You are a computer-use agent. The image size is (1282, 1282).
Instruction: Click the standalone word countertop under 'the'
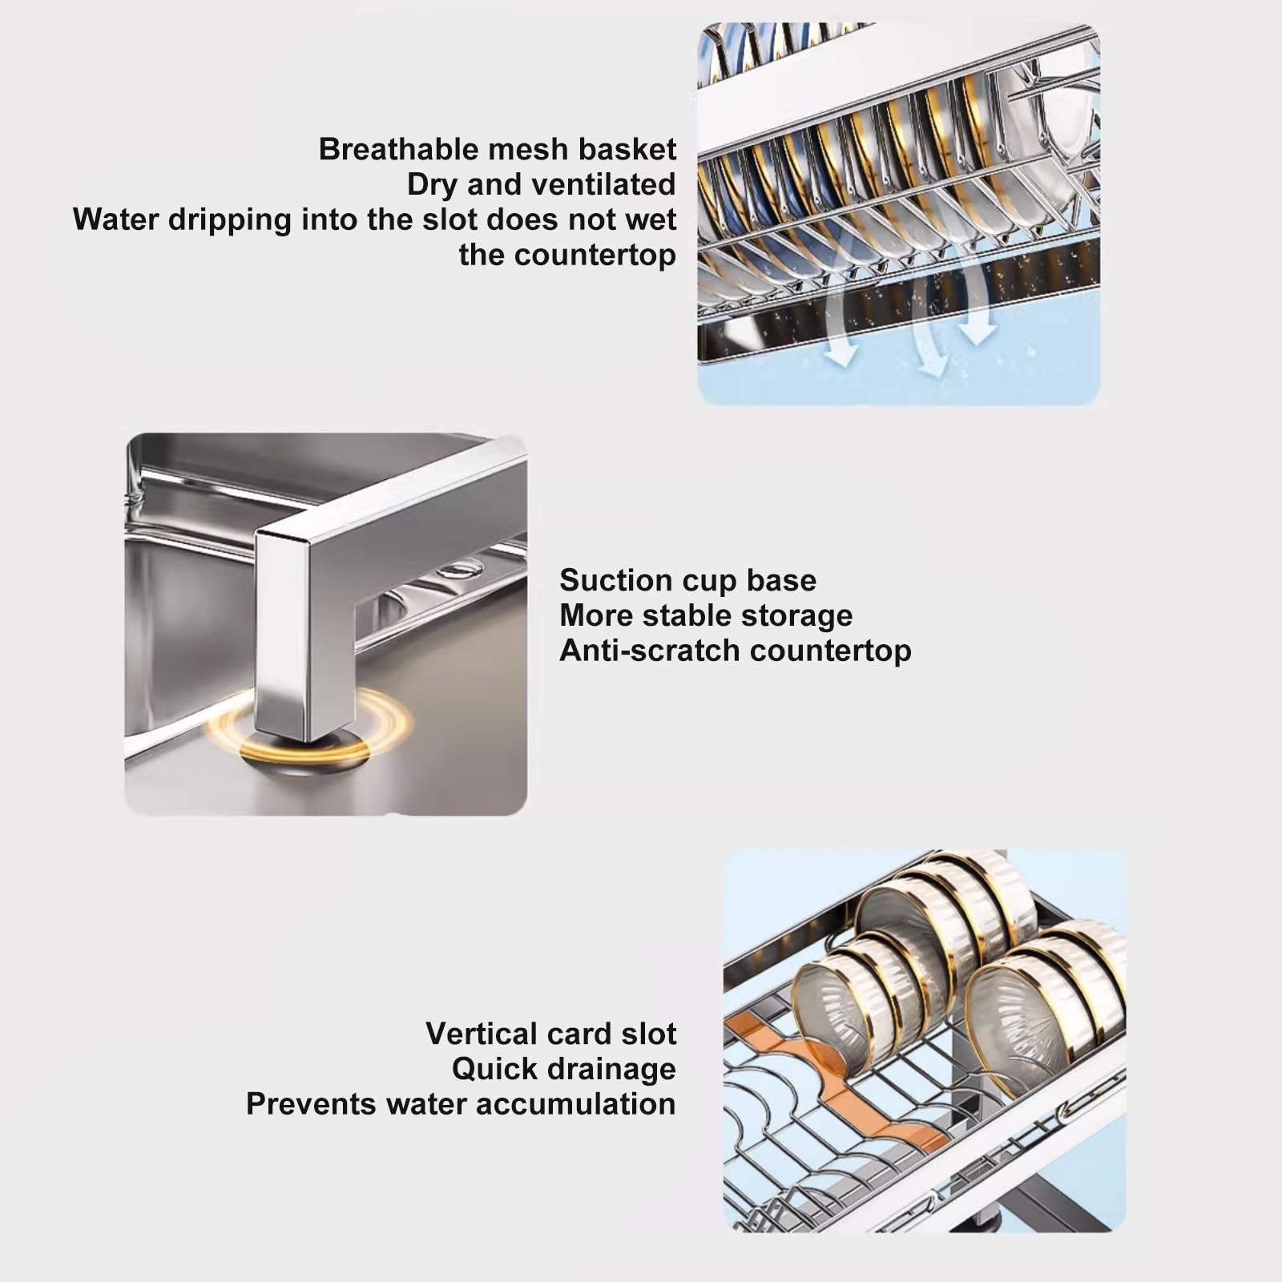(595, 256)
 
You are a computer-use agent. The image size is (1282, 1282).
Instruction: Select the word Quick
(489, 1069)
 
